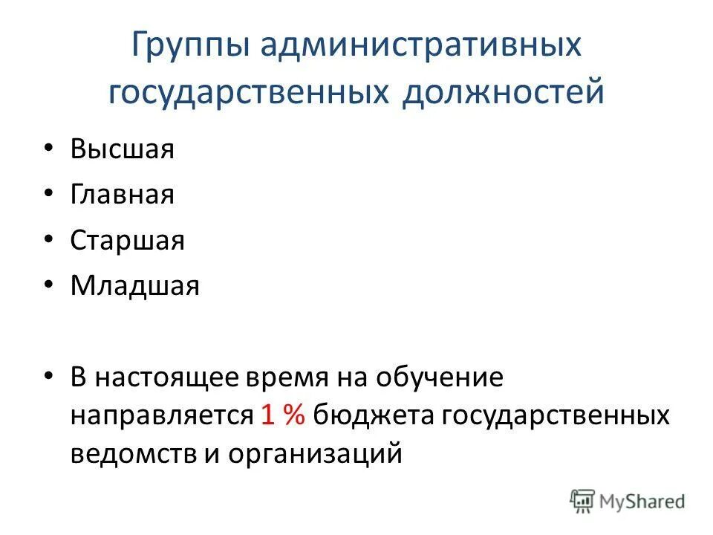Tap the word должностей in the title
(504, 94)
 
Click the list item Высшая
(123, 149)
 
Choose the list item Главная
(123, 195)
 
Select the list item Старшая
(128, 241)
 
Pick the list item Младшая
(135, 286)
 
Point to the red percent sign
(293, 415)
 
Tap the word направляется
(163, 415)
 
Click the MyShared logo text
(642, 502)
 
